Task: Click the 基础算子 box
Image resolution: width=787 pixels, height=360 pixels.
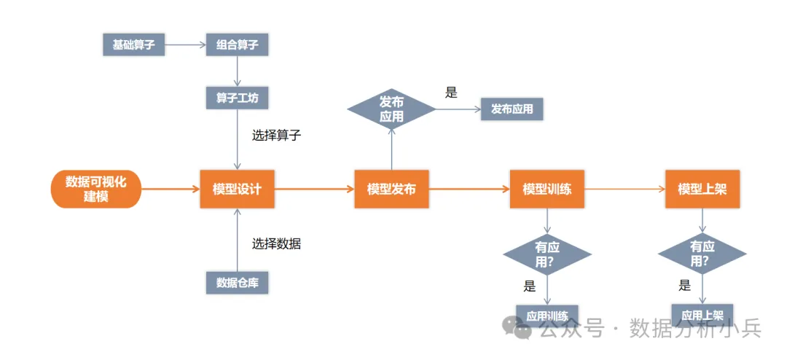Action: [133, 45]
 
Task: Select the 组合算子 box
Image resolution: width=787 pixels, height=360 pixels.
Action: [237, 45]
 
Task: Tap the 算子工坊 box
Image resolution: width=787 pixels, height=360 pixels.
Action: [237, 98]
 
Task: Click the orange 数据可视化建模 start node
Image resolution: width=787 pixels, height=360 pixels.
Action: [95, 188]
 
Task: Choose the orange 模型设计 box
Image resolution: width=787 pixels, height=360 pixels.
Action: [237, 189]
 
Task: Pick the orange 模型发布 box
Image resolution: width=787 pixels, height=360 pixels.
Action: [391, 189]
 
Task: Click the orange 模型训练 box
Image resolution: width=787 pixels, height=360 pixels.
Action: [547, 189]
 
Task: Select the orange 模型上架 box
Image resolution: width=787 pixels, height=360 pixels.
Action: [702, 189]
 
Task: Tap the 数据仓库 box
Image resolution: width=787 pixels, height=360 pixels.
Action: [237, 283]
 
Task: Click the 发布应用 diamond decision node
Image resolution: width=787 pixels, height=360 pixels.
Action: [391, 109]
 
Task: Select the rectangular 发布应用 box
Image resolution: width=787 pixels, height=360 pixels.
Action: [512, 109]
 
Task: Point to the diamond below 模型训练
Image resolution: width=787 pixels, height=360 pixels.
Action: [547, 254]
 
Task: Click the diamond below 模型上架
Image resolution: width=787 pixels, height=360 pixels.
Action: [702, 254]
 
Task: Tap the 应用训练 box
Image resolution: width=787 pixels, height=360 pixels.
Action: [547, 316]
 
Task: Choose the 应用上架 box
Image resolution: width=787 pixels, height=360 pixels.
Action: [702, 315]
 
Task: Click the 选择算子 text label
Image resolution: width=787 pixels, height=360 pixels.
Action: [276, 135]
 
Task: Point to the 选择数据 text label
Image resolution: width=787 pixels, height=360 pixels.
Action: [276, 244]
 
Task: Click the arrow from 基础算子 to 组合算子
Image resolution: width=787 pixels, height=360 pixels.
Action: [186, 45]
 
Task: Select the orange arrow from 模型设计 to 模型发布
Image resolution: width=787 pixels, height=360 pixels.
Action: [314, 189]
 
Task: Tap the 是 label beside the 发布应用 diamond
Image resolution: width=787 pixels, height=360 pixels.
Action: [451, 93]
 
